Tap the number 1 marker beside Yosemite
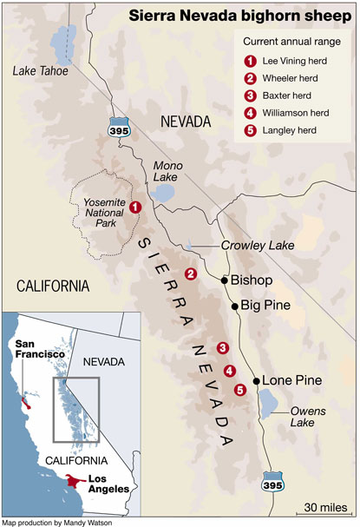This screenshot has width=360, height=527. [135, 207]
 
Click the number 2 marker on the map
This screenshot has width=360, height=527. [191, 274]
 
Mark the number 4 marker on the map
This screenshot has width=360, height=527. [229, 371]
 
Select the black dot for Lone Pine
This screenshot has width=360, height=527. [257, 381]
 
